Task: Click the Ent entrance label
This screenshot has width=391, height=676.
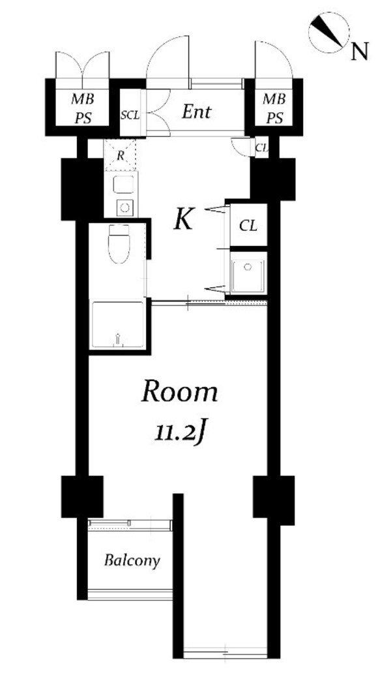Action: (x=196, y=112)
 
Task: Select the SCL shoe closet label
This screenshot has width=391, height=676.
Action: (x=130, y=115)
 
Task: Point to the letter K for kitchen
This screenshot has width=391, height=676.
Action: (x=184, y=220)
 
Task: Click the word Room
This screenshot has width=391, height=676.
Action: (x=179, y=392)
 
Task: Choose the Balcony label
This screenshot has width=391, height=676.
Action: (x=132, y=561)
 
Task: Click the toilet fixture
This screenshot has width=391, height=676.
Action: (x=120, y=245)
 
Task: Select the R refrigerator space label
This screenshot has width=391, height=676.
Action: (x=121, y=155)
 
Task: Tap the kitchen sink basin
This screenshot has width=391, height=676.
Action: (x=123, y=184)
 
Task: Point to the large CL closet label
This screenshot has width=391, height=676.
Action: (x=248, y=226)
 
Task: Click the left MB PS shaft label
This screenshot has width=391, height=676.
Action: (x=81, y=108)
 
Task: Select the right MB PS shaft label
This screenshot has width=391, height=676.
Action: (x=274, y=108)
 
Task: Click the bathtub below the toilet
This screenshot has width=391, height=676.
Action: (x=117, y=325)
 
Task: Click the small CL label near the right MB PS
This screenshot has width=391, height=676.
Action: (x=261, y=147)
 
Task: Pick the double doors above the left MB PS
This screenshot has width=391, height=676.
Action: (x=82, y=65)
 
